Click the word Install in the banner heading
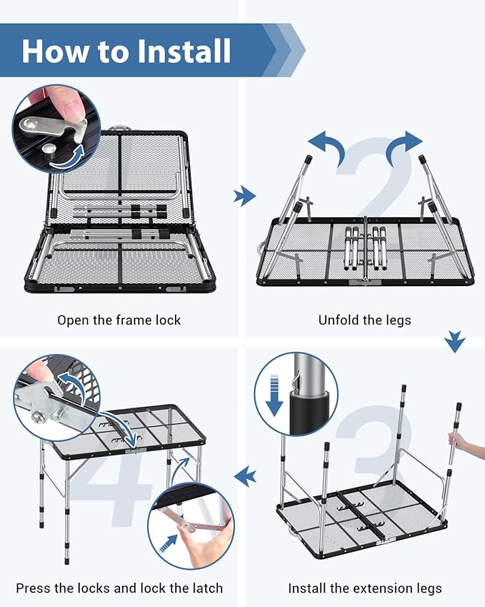184,51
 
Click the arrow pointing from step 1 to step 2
244,196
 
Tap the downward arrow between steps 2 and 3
455,342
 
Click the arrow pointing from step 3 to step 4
245,476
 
